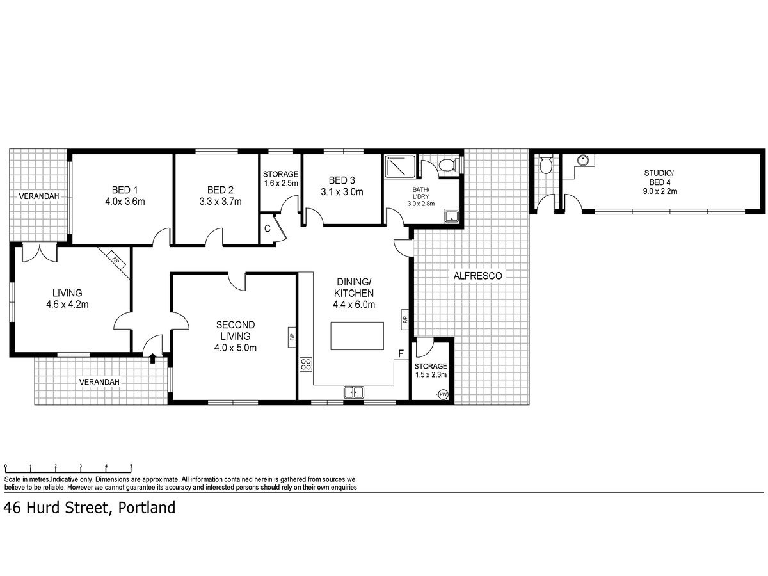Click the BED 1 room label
[125, 190]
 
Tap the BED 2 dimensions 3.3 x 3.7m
[220, 202]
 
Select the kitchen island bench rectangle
[357, 336]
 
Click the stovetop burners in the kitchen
[306, 364]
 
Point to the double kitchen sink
[353, 392]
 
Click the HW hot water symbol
[443, 394]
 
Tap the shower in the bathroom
[400, 167]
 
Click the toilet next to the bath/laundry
[447, 164]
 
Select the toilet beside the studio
[546, 164]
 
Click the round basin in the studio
[583, 160]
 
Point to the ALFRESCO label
[477, 276]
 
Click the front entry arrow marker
[152, 358]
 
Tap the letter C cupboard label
[268, 228]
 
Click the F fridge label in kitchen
[401, 353]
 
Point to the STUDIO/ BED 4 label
[659, 182]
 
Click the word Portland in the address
[147, 508]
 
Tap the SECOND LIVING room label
[235, 330]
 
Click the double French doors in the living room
[40, 253]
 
